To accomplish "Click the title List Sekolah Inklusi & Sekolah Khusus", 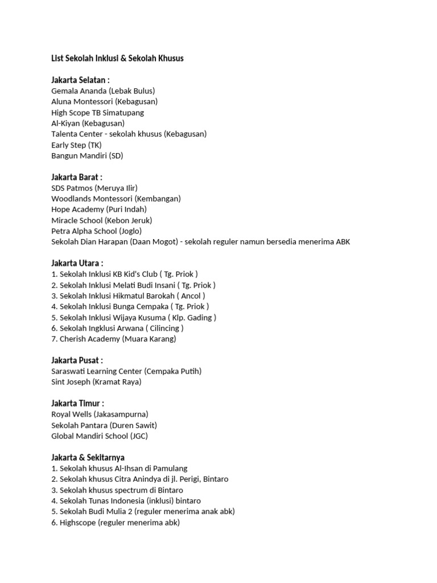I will (x=117, y=59).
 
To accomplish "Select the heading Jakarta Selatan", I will (x=80, y=80).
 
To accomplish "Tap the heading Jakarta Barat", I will (x=77, y=177).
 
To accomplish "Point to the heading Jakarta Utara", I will (x=77, y=263).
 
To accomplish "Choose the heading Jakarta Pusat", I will (x=77, y=360).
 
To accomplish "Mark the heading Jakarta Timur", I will (x=77, y=404).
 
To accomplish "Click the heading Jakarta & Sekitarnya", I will (x=88, y=457).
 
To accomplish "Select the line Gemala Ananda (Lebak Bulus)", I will (x=103, y=91).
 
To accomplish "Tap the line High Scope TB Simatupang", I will (x=97, y=113).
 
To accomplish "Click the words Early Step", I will (x=69, y=145).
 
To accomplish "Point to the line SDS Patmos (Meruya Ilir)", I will (x=94, y=188).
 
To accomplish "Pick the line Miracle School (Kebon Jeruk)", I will (x=102, y=220).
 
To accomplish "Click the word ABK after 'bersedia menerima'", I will (x=342, y=242).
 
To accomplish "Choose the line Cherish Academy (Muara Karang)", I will (x=114, y=339).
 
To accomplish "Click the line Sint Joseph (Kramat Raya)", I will (x=96, y=382).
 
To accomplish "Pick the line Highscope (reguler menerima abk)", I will (x=116, y=522).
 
